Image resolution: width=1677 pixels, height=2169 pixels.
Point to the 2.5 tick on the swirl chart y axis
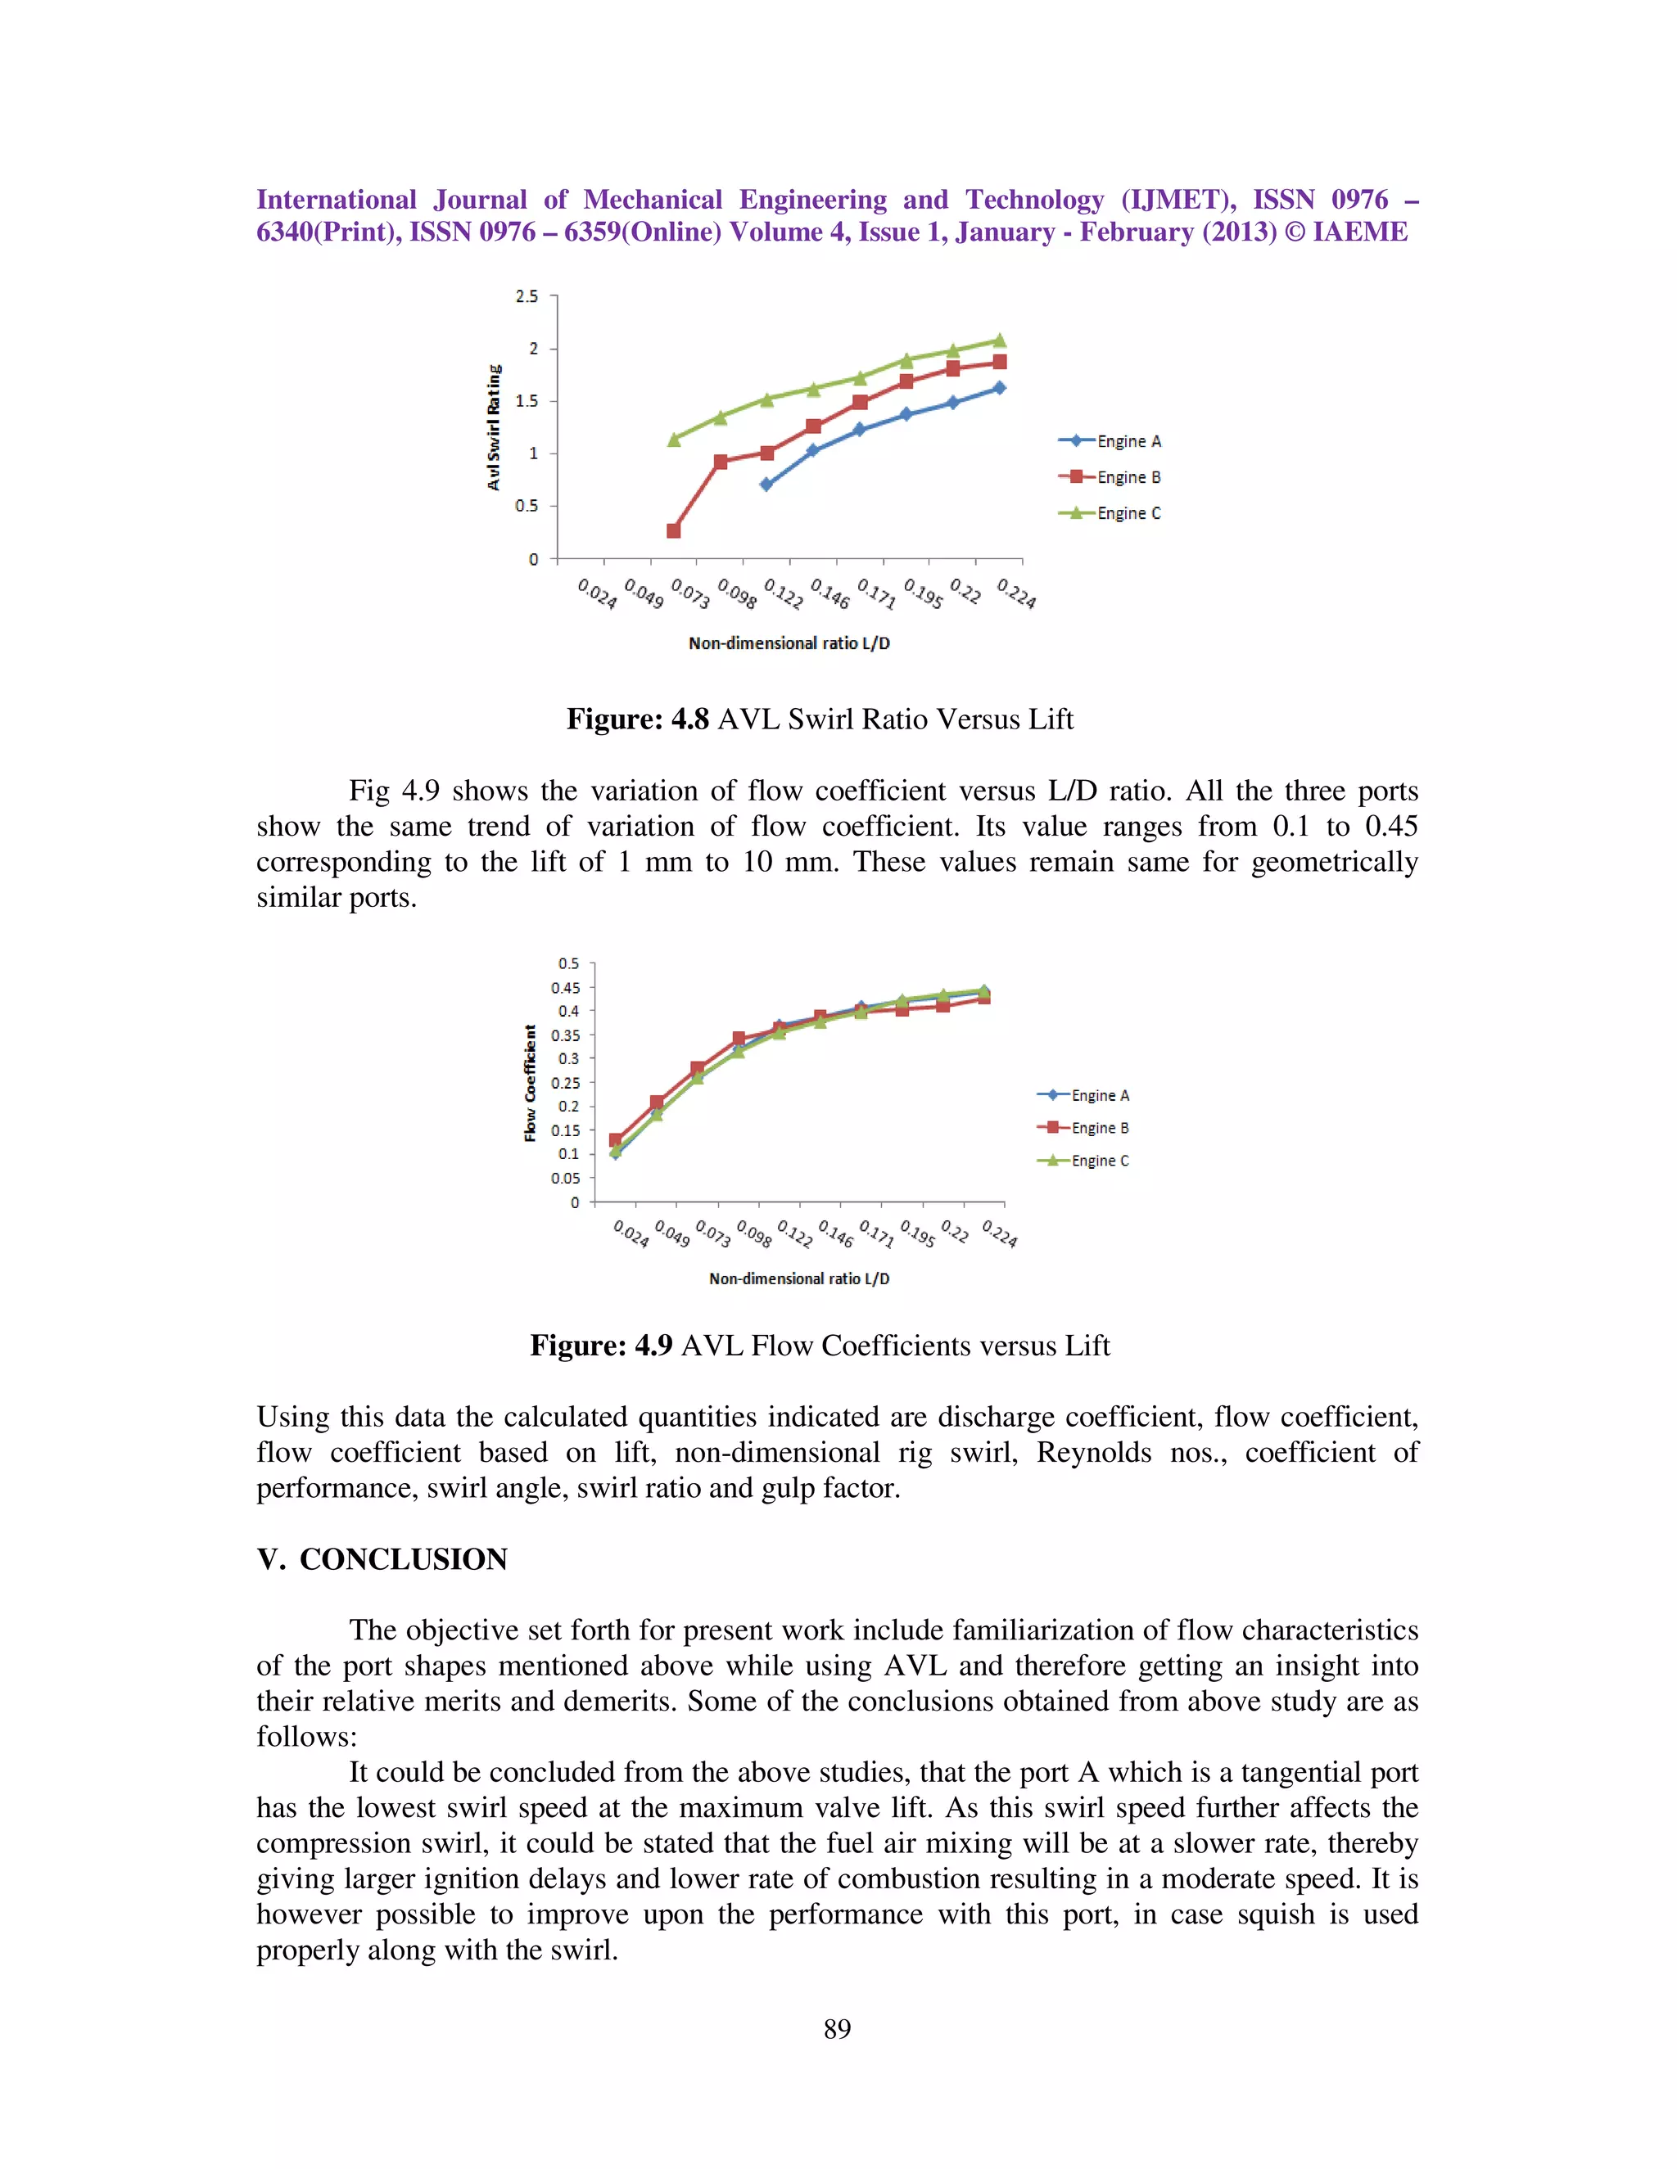click(527, 296)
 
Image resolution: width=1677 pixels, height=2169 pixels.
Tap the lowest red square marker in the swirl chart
click(674, 530)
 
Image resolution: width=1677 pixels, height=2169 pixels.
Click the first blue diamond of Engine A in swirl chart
click(766, 485)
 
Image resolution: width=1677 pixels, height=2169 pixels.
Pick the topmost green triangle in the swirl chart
click(1000, 340)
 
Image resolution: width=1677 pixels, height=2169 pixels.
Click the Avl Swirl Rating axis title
click(494, 427)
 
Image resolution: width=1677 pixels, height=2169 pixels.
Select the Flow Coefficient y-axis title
click(531, 1083)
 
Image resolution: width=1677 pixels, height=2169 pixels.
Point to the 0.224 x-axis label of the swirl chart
click(1016, 594)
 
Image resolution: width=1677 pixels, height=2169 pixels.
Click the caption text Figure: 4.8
click(637, 719)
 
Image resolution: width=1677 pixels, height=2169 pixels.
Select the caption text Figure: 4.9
click(601, 1346)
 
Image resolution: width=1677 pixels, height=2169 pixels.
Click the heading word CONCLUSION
click(404, 1559)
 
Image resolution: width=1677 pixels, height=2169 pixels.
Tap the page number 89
click(837, 2028)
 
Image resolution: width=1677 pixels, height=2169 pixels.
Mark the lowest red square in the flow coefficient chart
click(616, 1140)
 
